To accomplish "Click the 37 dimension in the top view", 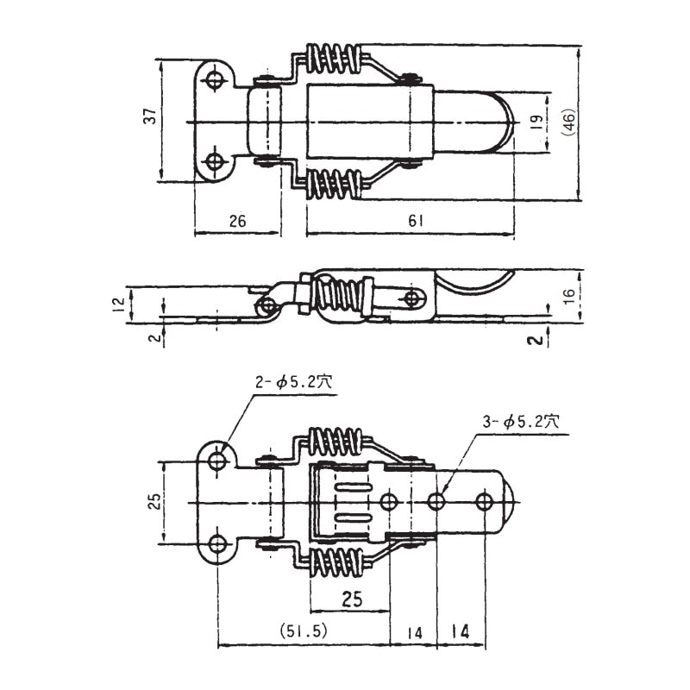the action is click(150, 116).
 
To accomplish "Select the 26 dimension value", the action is click(238, 221).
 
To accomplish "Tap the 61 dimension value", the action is click(416, 221).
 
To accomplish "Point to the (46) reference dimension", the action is click(568, 122).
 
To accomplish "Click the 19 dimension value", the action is click(536, 122).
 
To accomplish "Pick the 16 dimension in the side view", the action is click(569, 296).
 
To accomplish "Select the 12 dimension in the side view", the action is click(119, 304).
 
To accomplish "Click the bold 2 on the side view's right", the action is click(535, 340).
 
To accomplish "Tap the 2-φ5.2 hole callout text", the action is click(294, 382).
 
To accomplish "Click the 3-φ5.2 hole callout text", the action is click(521, 422).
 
